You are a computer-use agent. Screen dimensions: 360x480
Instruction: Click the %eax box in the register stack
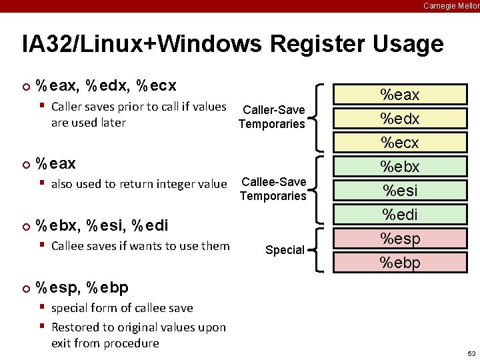pos(400,95)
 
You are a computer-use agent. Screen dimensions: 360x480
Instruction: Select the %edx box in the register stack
pos(400,119)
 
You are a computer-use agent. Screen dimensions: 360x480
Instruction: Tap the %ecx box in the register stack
pos(400,143)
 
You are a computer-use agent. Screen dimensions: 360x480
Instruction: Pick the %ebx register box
pos(400,167)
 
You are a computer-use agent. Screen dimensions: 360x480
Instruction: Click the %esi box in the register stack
pos(400,191)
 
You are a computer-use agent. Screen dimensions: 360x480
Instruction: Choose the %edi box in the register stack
pos(400,215)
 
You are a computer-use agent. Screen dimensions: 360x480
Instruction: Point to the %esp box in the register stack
pos(400,239)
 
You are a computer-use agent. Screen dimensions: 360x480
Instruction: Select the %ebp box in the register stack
pos(400,263)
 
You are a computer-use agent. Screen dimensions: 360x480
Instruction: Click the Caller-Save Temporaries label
pos(272,117)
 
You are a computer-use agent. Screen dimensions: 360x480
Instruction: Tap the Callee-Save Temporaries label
pos(273,189)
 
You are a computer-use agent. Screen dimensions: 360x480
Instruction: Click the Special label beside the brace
pos(285,250)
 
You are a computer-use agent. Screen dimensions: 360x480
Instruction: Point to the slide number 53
pos(471,353)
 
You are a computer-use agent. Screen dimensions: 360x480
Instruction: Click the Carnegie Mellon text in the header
pos(451,5)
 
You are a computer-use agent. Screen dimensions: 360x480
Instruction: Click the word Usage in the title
pos(409,45)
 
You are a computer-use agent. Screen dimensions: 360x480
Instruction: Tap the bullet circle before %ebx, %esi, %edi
pos(26,225)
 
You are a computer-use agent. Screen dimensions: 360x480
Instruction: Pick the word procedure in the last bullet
pos(129,343)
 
